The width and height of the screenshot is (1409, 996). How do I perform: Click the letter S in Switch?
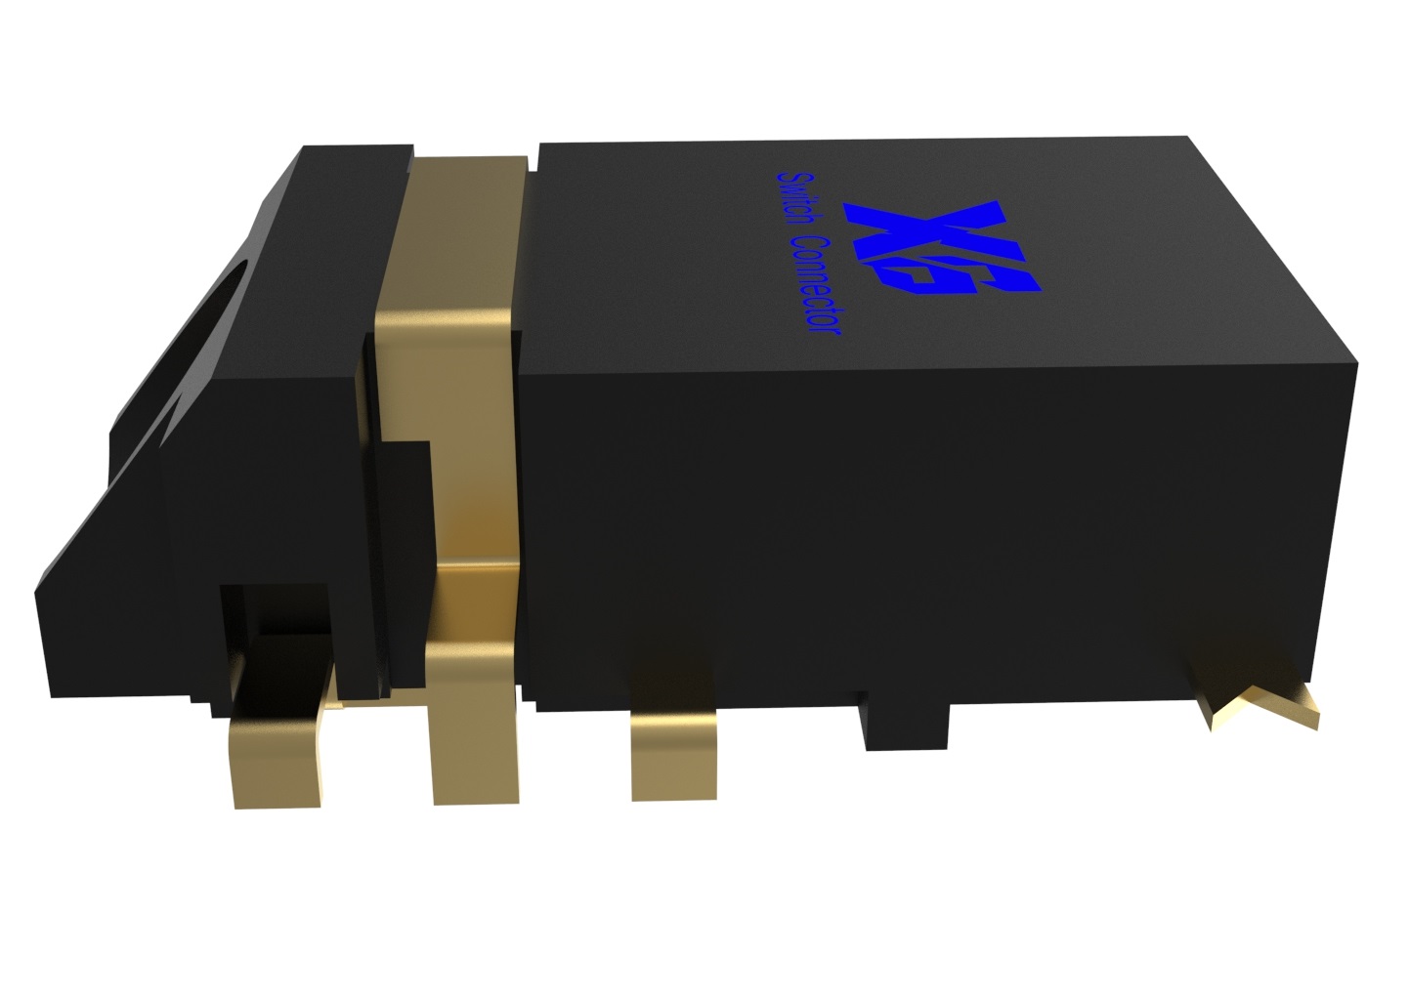tap(785, 181)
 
